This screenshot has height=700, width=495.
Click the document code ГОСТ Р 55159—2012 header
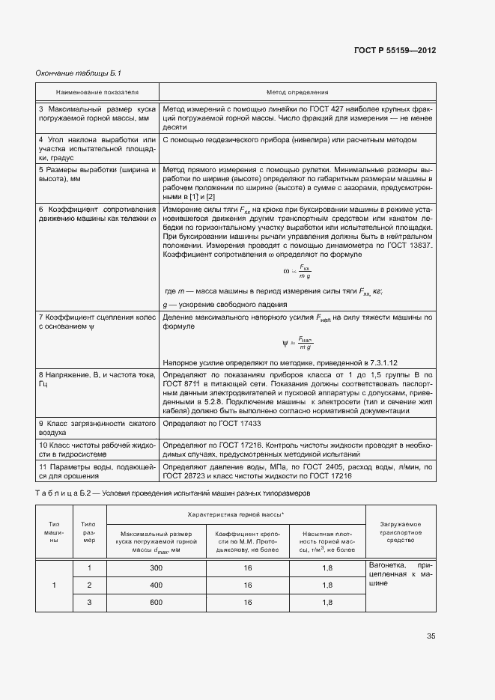coord(395,50)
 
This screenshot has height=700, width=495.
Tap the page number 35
coord(431,636)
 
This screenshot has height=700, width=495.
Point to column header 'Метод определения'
coord(297,91)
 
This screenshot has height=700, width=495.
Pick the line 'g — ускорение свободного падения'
coord(225,305)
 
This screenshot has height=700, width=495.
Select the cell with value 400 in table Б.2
coord(156,585)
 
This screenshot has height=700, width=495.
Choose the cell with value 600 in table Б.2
coord(156,602)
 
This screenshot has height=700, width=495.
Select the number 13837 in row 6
coord(420,246)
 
